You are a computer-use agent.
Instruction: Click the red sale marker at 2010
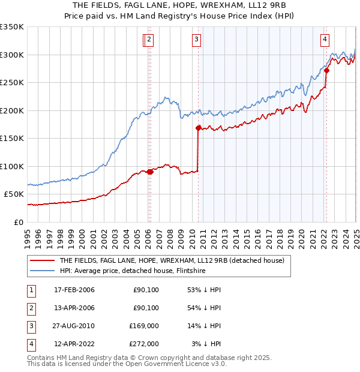click(198, 128)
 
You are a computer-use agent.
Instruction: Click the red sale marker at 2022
click(327, 70)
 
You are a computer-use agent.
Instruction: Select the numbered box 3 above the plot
click(196, 40)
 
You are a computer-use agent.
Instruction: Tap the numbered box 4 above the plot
click(325, 40)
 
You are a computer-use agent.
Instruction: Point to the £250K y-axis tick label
click(12, 83)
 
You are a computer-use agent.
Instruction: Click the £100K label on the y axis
click(12, 166)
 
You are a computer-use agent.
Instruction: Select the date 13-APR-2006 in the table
click(74, 308)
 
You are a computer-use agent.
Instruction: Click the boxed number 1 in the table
click(30, 290)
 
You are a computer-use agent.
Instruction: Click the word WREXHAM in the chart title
click(195, 7)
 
